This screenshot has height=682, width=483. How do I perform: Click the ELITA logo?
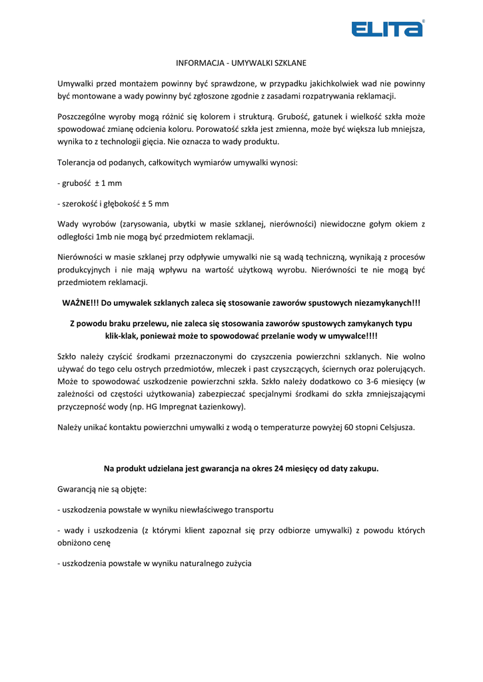(x=387, y=29)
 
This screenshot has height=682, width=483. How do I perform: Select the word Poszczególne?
(x=83, y=116)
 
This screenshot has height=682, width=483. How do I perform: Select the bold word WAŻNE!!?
(x=80, y=303)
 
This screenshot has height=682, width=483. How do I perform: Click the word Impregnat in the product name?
(x=181, y=406)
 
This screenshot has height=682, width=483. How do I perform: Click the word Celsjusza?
(x=396, y=427)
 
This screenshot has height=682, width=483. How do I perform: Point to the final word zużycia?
(x=237, y=563)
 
